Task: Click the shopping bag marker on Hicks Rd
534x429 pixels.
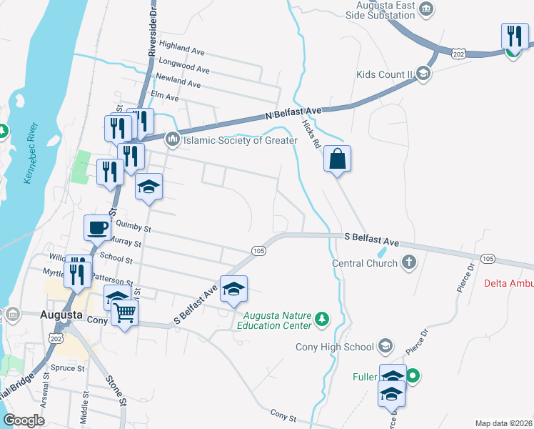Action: [x=338, y=159]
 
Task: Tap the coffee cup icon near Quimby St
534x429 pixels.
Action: [x=98, y=228]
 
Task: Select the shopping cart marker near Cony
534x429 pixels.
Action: [x=124, y=312]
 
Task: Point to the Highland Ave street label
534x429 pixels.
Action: [x=182, y=49]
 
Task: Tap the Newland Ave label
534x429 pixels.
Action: [x=179, y=81]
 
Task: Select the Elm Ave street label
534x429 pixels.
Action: [x=164, y=95]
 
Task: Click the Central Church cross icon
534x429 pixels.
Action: [x=408, y=262]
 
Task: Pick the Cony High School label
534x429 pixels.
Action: [x=335, y=347]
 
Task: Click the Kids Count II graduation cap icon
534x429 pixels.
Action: [x=423, y=74]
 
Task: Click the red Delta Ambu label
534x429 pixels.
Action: [x=508, y=283]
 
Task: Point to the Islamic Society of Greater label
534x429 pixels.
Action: [x=241, y=140]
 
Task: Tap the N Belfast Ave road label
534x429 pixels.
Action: [x=293, y=112]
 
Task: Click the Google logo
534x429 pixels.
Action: [x=24, y=421]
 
